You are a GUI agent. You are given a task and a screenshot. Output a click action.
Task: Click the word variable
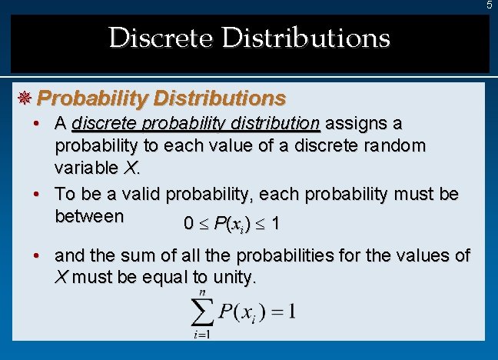click(x=85, y=167)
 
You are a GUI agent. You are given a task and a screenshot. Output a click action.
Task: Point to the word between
click(x=89, y=216)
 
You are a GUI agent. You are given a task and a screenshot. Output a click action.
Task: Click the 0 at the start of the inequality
click(x=188, y=225)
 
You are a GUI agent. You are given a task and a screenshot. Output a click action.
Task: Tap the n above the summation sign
click(x=202, y=292)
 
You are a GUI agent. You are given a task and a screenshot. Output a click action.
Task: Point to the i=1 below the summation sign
click(x=202, y=334)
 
